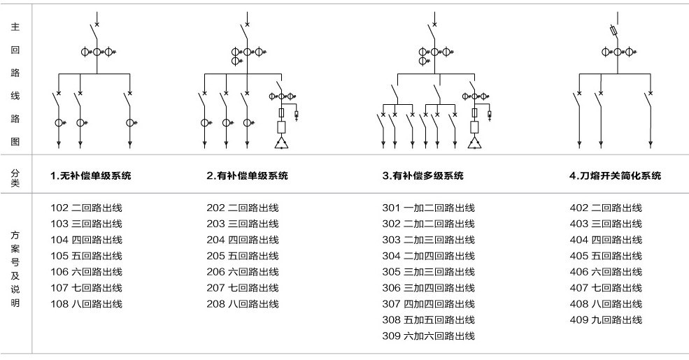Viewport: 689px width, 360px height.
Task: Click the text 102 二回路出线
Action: tap(86, 208)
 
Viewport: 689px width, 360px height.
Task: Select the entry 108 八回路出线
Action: tap(86, 303)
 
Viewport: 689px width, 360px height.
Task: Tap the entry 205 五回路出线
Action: tap(242, 256)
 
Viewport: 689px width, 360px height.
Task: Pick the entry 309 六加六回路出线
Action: tap(428, 336)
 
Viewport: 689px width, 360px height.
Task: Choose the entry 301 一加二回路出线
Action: tap(428, 208)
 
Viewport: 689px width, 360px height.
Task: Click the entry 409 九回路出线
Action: tap(606, 319)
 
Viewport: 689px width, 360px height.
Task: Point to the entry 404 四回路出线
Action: tap(606, 240)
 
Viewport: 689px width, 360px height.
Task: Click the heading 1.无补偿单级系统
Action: tap(90, 176)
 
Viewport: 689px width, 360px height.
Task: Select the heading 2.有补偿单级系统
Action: tap(247, 176)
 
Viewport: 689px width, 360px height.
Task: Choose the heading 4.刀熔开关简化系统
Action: tap(615, 176)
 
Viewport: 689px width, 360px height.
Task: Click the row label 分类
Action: tap(15, 176)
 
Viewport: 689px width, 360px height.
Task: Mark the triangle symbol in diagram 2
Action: tap(281, 143)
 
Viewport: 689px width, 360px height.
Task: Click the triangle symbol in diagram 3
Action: tap(475, 143)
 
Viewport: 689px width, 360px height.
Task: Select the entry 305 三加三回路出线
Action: tap(428, 272)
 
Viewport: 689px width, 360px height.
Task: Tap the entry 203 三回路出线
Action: tap(242, 224)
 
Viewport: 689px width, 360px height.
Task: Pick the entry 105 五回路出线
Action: tap(86, 256)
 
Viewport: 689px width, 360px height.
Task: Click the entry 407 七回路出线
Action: tap(606, 287)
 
